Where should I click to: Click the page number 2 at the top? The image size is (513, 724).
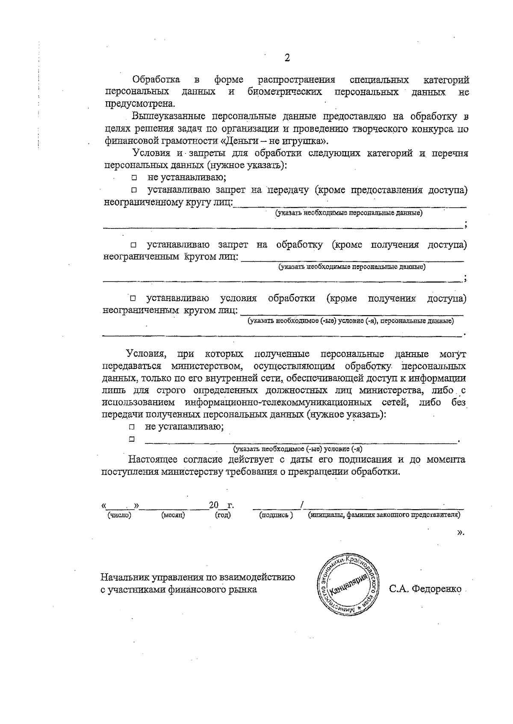point(287,59)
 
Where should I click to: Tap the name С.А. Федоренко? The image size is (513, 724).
point(425,589)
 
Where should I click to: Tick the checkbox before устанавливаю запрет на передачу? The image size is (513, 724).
point(134,190)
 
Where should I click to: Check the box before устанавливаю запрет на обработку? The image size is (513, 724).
point(134,245)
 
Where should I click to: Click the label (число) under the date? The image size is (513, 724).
point(119,515)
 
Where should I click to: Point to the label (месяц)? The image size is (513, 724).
point(173,515)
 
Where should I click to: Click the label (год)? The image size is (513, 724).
point(222,515)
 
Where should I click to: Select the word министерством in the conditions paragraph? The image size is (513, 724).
point(206,366)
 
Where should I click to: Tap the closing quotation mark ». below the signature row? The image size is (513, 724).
point(460,532)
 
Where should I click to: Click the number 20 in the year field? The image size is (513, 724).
point(213,505)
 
